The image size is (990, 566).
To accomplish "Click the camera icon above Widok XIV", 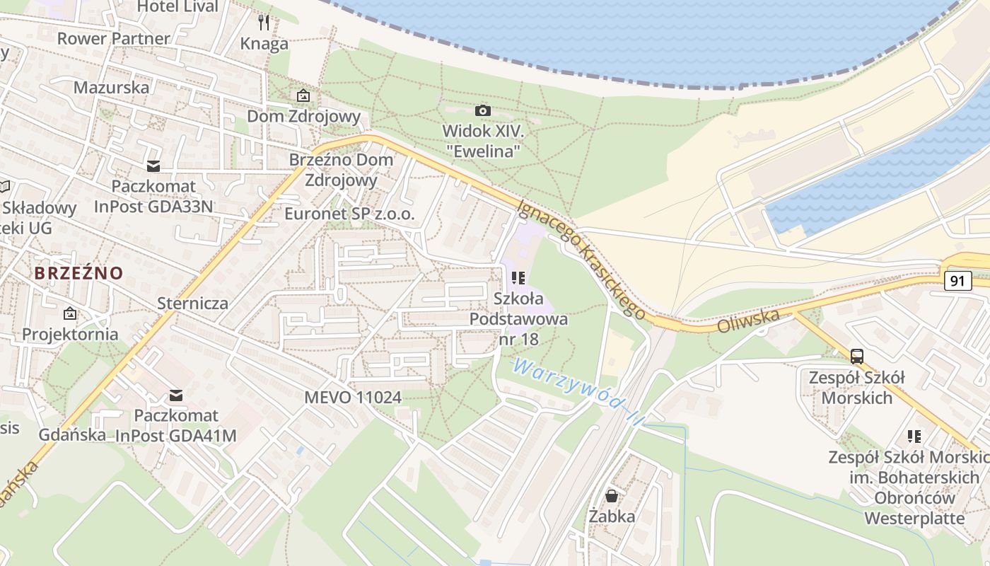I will point(483,110).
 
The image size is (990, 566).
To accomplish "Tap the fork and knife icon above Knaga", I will point(264,23).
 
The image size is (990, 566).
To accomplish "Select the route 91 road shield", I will point(957,281).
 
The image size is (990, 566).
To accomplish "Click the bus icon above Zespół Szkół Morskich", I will point(857,356).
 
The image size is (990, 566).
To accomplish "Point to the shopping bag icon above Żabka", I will point(612,496).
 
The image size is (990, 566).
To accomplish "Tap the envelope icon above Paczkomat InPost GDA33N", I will point(153,166).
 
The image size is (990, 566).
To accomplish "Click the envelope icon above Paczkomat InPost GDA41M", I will point(175,395).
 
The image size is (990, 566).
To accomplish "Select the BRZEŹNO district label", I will point(78,273).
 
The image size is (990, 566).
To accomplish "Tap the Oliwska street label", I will point(748,321).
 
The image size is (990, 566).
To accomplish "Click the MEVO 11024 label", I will point(353,398).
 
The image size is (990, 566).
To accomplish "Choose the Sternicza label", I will point(193,304).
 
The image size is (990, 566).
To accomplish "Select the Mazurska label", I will point(112,88).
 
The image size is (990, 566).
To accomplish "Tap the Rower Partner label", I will point(114,38).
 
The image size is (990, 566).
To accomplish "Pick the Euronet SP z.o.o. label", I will point(349,214).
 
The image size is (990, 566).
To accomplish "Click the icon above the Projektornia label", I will point(70,313).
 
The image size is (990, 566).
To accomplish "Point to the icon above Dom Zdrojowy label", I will point(303,96).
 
